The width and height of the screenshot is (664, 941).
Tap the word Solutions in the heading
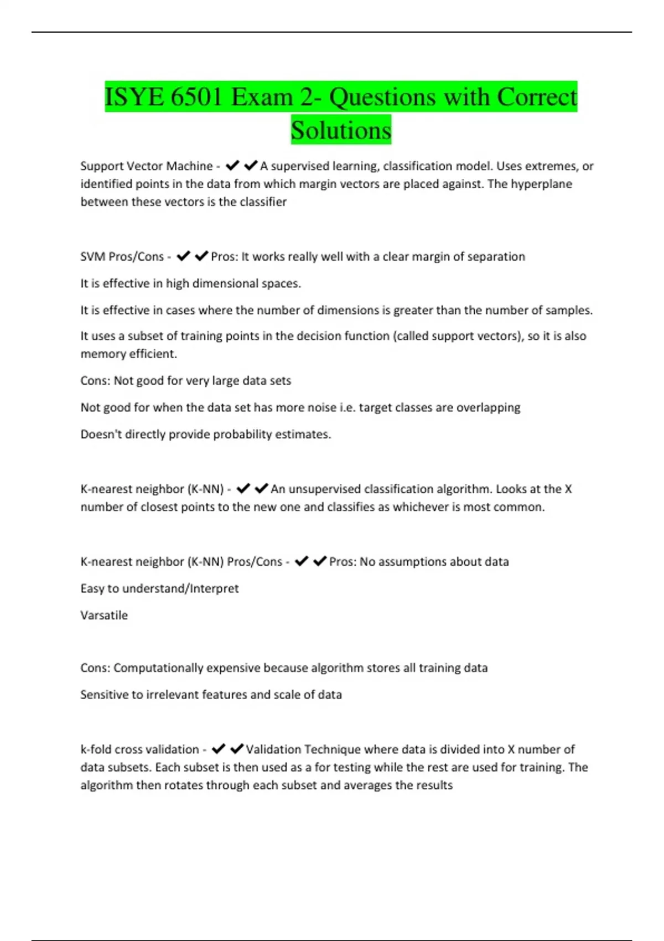tap(341, 131)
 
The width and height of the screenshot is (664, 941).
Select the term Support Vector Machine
tap(146, 166)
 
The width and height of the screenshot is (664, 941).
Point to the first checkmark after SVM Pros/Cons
tap(183, 256)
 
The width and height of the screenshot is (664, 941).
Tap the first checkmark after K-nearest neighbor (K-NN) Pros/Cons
tap(301, 561)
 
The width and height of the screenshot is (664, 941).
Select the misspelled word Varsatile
tap(104, 616)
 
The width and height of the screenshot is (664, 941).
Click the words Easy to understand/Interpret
tap(159, 588)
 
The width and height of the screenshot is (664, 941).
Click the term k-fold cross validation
tap(139, 749)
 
